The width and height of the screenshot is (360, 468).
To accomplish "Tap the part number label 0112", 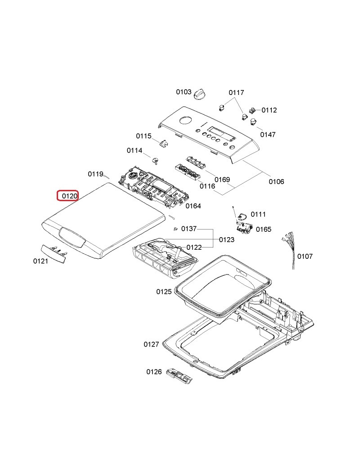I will (x=269, y=110).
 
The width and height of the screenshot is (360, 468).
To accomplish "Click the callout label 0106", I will (x=276, y=182).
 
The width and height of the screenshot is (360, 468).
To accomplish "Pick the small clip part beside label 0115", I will (x=163, y=143).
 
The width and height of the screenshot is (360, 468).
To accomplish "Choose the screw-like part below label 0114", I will (x=156, y=160).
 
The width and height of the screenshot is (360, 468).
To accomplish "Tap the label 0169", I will (x=222, y=180).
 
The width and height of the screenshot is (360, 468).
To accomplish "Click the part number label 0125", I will (x=164, y=292).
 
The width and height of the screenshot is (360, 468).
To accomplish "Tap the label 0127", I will (x=151, y=344).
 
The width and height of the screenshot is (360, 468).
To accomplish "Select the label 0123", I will (x=226, y=240).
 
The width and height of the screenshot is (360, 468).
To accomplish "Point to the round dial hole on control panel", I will (x=184, y=120).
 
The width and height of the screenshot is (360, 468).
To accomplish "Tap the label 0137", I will (x=189, y=229).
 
